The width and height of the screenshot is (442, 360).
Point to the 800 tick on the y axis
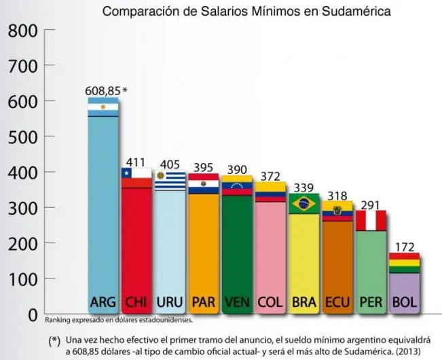point(22,31)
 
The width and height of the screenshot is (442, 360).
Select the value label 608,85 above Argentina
point(102,90)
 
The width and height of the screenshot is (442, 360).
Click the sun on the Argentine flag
point(103,107)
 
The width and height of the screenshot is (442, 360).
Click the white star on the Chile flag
point(126,173)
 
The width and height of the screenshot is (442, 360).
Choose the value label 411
point(136,161)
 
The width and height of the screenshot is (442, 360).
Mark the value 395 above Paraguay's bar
point(202,167)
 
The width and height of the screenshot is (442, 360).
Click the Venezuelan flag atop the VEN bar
point(236,186)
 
